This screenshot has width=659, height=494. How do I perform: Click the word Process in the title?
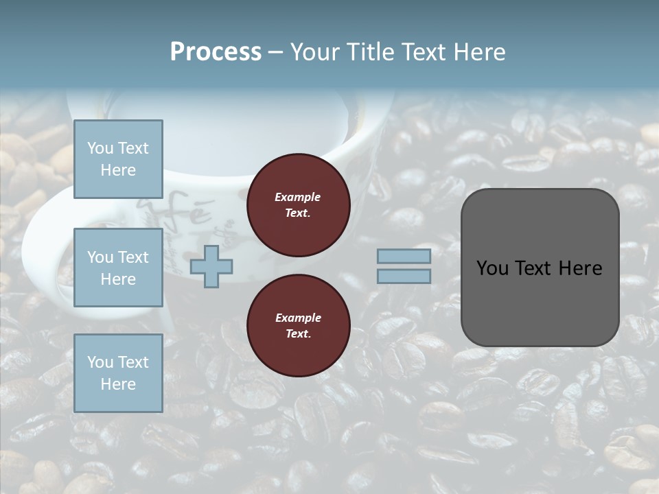pos(216,52)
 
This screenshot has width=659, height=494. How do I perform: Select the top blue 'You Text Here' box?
pos(118,159)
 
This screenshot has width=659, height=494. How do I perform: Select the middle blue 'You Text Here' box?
pos(118,268)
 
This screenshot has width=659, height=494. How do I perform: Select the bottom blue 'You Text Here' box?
pos(118,373)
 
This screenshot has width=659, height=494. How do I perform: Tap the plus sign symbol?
pos(211,266)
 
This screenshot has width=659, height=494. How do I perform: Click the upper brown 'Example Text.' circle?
pos(298,205)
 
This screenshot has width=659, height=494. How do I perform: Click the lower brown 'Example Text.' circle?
pos(298,326)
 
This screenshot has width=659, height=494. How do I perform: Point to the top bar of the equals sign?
pos(404,256)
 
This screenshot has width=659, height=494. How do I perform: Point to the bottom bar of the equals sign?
pos(404,276)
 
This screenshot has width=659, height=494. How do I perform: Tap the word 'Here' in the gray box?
pos(579,268)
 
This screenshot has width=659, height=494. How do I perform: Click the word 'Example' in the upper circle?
pos(297,197)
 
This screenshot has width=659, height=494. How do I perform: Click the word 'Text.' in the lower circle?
pos(298,334)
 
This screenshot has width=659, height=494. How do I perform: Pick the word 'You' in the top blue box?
pos(100,148)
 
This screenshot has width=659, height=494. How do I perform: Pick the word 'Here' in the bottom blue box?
pos(118,384)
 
